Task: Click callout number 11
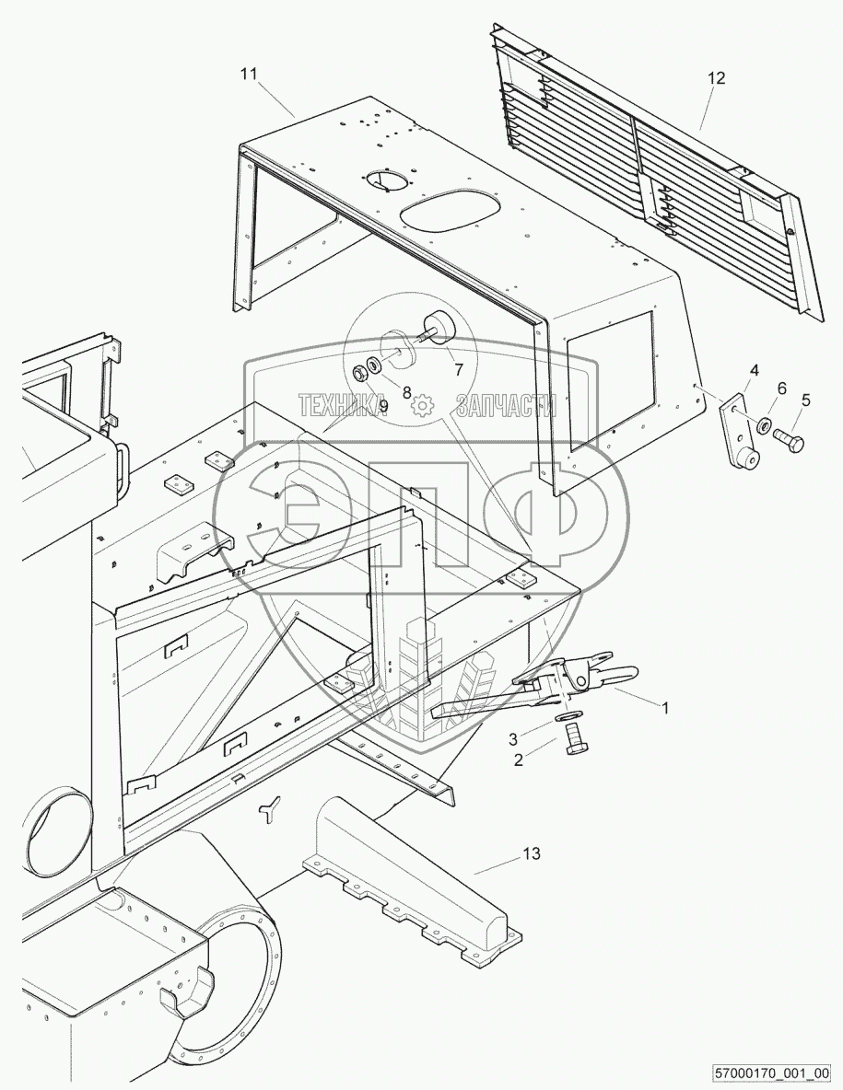250,76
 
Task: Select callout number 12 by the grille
716,78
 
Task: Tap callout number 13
532,853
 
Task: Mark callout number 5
805,400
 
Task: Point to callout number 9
382,405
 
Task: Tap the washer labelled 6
764,426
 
